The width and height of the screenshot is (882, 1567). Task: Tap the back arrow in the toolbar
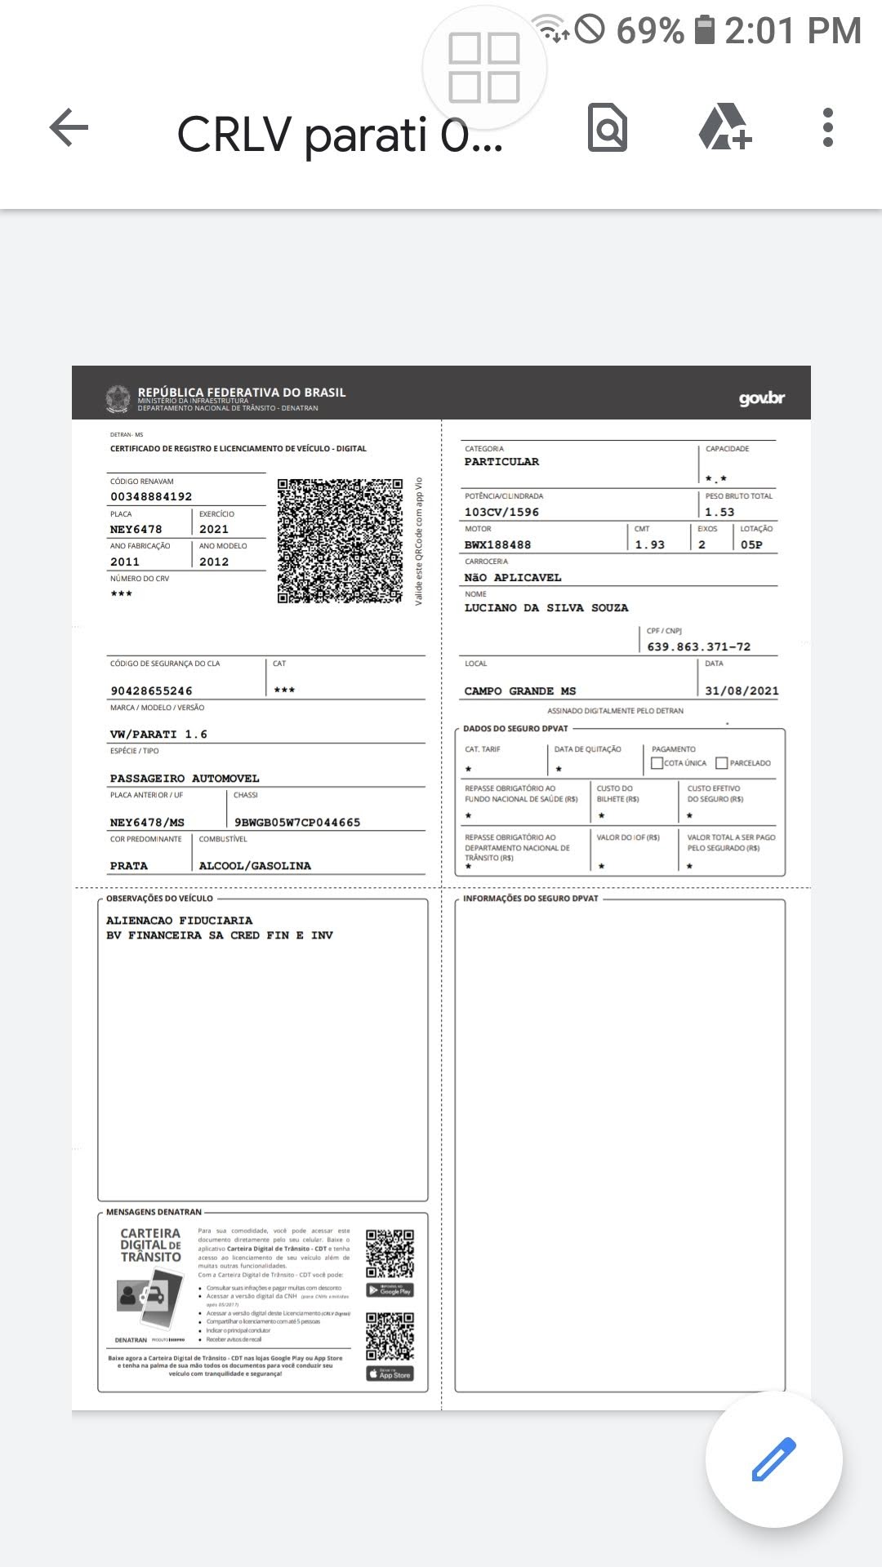pyautogui.click(x=69, y=128)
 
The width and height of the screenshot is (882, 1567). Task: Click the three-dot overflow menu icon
pyautogui.click(x=827, y=128)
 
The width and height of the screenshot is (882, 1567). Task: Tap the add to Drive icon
pyautogui.click(x=724, y=128)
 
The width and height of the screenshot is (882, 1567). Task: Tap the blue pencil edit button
pyautogui.click(x=773, y=1459)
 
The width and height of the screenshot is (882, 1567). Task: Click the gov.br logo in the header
pyautogui.click(x=761, y=398)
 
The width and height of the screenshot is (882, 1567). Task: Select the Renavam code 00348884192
pyautogui.click(x=151, y=496)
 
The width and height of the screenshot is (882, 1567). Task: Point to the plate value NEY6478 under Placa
pyautogui.click(x=136, y=529)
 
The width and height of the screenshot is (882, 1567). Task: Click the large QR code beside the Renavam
pyautogui.click(x=340, y=541)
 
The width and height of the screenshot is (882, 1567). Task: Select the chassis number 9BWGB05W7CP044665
pyautogui.click(x=297, y=822)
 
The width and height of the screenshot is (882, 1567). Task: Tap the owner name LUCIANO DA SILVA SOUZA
pyautogui.click(x=546, y=608)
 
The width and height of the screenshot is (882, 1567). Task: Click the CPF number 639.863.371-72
pyautogui.click(x=698, y=646)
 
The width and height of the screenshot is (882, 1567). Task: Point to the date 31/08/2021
pyautogui.click(x=742, y=690)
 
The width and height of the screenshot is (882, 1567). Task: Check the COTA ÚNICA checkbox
pyautogui.click(x=657, y=763)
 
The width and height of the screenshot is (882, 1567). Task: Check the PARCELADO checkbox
pyautogui.click(x=721, y=763)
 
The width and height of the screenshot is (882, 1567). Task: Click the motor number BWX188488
pyautogui.click(x=497, y=544)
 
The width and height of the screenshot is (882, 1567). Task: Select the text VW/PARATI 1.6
pyautogui.click(x=158, y=734)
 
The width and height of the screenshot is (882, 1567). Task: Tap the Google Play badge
pyautogui.click(x=390, y=1290)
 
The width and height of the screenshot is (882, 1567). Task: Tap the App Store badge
pyautogui.click(x=390, y=1374)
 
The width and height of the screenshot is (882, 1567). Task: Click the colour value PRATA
pyautogui.click(x=129, y=865)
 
